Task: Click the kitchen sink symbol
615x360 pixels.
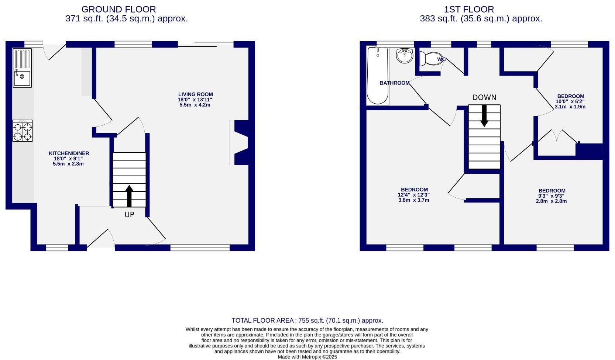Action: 22,68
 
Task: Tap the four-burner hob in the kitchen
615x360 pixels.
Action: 23,131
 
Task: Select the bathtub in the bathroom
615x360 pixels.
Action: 378,76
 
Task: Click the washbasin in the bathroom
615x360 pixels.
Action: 405,56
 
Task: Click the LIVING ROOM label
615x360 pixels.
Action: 195,94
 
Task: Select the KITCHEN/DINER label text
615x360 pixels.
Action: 69,153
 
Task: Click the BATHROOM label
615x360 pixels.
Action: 395,83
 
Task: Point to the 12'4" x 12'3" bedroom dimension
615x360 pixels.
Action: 413,195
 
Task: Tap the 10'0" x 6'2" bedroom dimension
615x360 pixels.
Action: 570,101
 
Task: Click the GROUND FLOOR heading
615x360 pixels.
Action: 118,9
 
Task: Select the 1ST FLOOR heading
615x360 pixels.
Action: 469,9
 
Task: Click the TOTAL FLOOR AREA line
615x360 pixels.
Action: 307,321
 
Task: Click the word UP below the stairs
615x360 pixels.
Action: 129,214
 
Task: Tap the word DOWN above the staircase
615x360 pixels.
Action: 484,97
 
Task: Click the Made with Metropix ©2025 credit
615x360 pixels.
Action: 307,357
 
